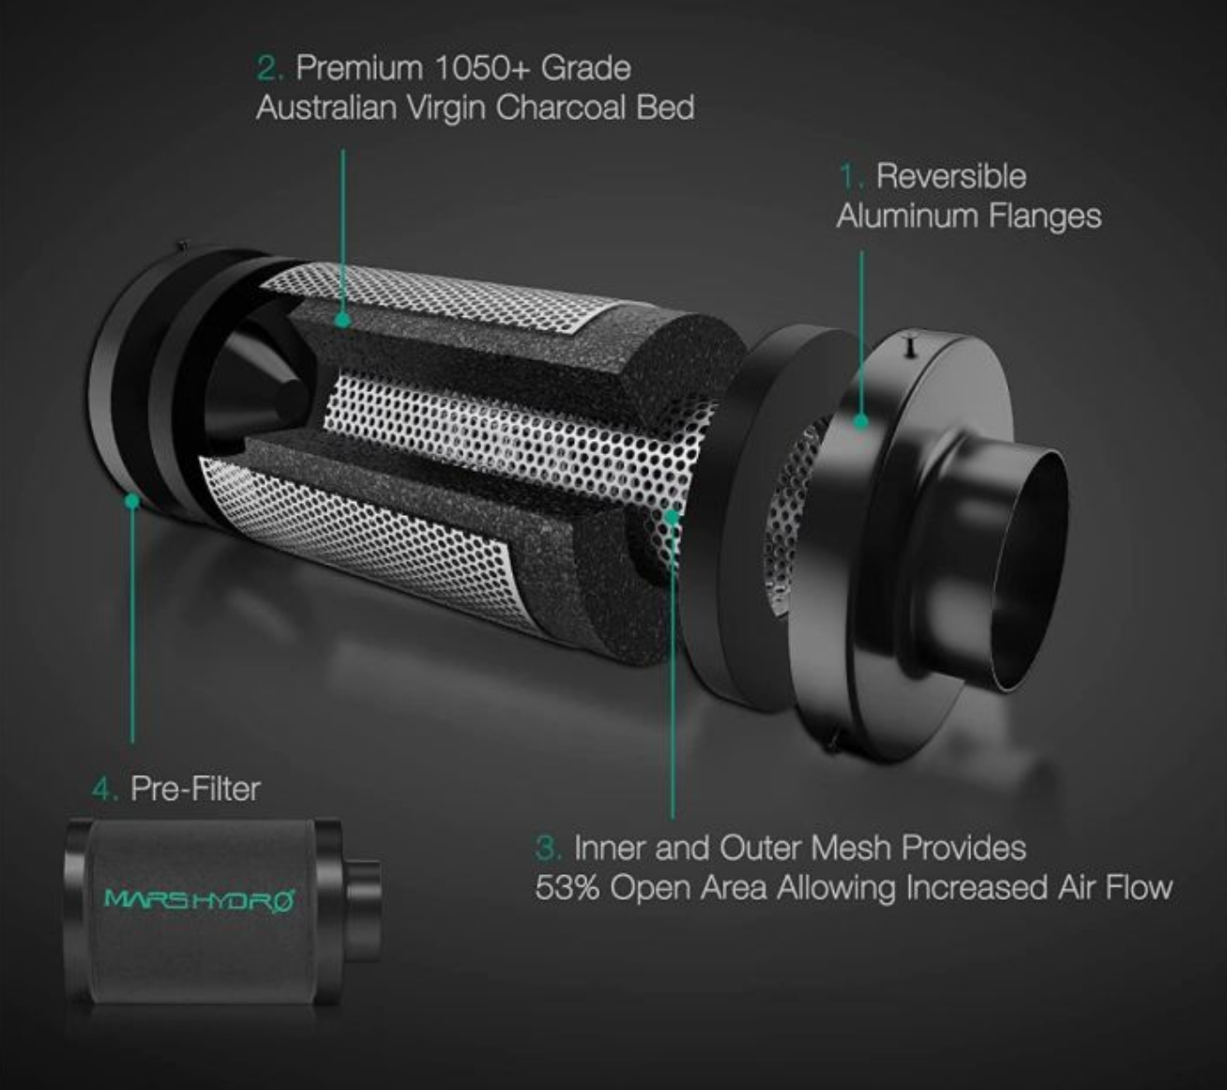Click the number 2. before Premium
point(270,68)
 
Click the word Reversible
point(951,177)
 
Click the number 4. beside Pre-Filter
point(105,790)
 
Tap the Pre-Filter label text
point(196,789)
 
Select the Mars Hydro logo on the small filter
point(199,900)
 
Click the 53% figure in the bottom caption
point(568,888)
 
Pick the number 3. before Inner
point(549,848)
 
